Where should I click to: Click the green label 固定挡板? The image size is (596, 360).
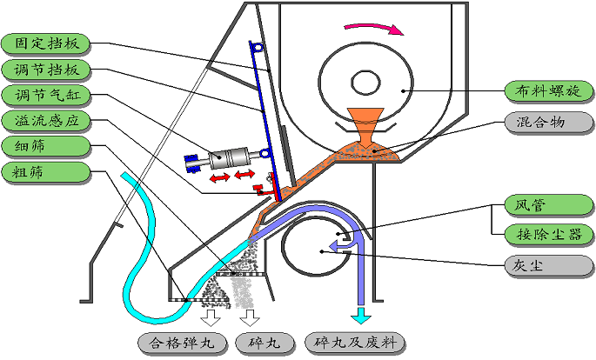[46, 43]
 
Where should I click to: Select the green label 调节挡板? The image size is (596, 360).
[46, 70]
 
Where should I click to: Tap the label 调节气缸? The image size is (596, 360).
[46, 95]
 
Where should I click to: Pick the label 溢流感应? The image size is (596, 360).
[46, 121]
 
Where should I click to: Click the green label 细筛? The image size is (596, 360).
[46, 146]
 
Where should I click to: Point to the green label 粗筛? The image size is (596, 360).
[46, 172]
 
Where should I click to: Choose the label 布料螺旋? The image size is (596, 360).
[549, 91]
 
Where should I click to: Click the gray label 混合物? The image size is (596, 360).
[549, 123]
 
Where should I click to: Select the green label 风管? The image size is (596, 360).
[549, 205]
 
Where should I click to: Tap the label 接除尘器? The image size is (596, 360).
[549, 234]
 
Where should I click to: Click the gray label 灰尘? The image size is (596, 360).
[549, 265]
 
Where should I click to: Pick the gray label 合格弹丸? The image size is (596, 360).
[183, 343]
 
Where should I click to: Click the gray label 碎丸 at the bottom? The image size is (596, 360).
[265, 343]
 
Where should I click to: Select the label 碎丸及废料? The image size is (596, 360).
[355, 343]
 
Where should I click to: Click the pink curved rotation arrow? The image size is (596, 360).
[374, 29]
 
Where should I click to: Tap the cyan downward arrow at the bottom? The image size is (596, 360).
[361, 315]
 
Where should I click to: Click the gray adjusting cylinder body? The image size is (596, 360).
[229, 157]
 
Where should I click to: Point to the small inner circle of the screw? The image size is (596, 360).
[365, 83]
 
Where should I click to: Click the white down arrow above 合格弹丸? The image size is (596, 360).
[211, 317]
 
